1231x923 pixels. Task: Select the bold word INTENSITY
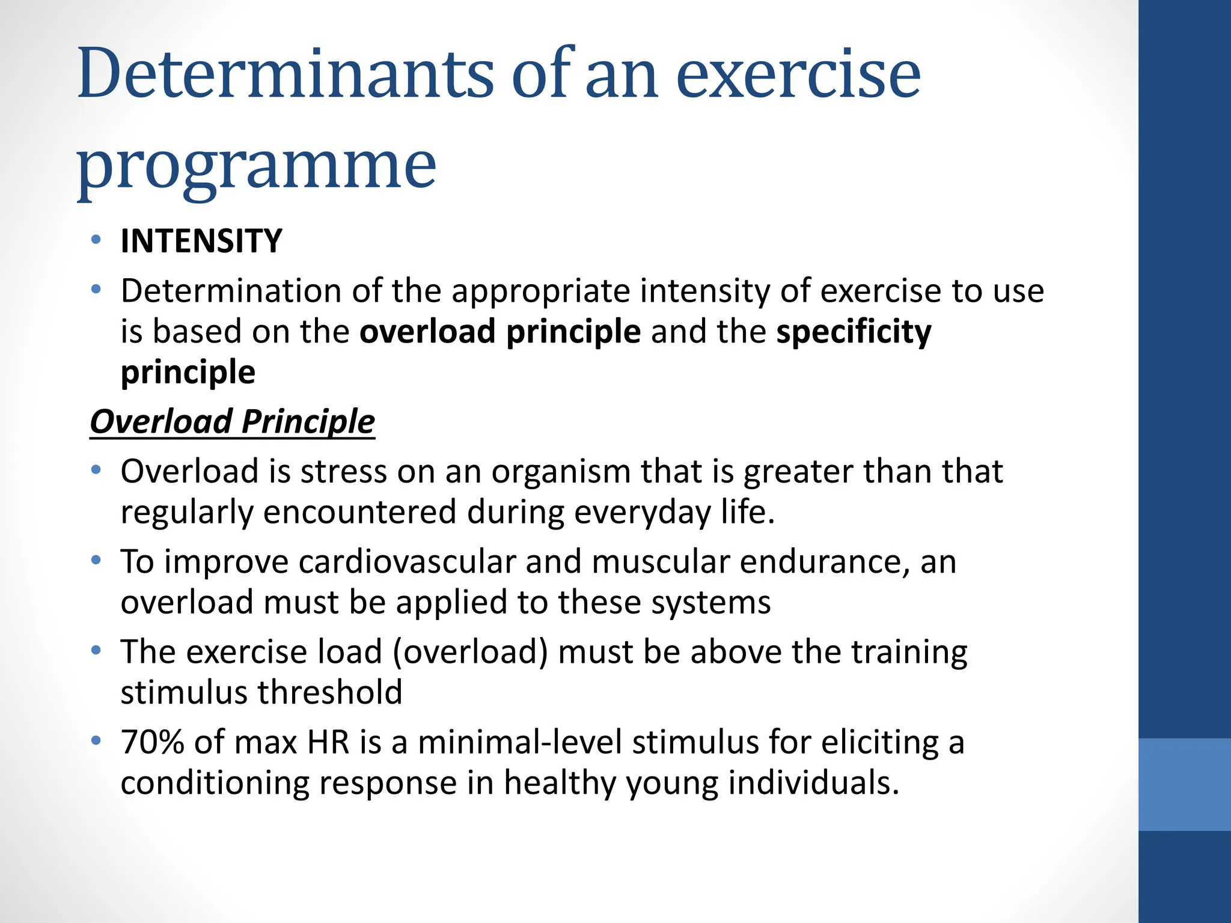(201, 242)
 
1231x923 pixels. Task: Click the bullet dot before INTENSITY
(96, 240)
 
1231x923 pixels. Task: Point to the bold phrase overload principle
(500, 332)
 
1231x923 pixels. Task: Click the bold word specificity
(854, 332)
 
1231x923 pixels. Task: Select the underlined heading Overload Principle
(232, 421)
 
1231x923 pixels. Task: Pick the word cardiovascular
(407, 562)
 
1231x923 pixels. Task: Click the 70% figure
(152, 743)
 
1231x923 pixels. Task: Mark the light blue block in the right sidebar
(1184, 784)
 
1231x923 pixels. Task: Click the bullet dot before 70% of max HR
(96, 741)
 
